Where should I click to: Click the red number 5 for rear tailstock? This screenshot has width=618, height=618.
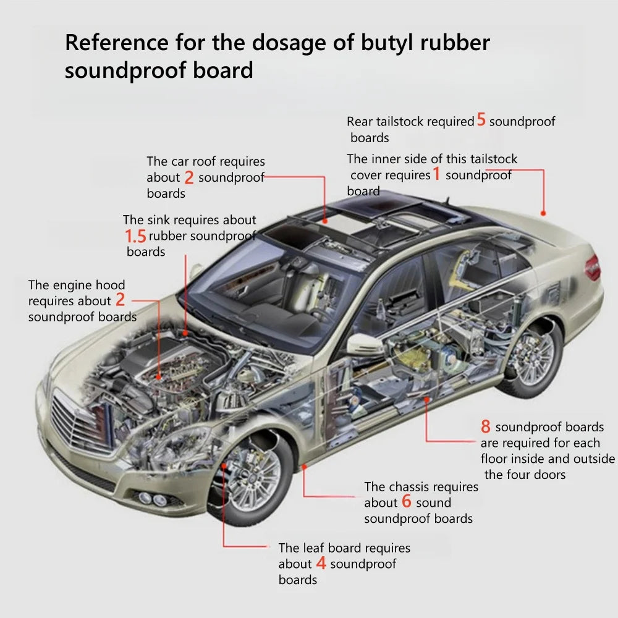click(481, 121)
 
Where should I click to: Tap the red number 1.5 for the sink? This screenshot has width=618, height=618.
click(135, 236)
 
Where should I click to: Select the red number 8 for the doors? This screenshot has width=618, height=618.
click(486, 426)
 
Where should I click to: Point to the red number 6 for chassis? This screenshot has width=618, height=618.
click(406, 502)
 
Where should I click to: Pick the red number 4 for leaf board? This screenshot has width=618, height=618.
click(321, 564)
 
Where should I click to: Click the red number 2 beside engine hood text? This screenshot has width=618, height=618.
click(120, 301)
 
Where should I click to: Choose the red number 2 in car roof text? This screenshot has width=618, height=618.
click(189, 178)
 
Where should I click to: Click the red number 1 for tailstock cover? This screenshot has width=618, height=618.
click(436, 175)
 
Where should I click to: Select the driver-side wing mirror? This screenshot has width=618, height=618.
click(365, 345)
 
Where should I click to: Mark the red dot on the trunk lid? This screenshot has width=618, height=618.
click(543, 213)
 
